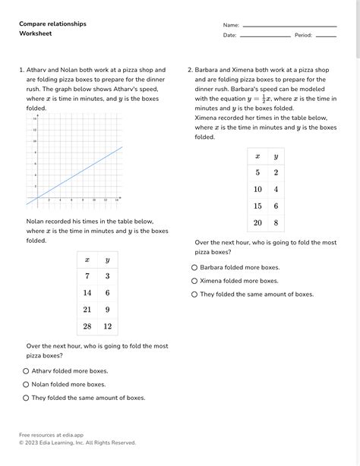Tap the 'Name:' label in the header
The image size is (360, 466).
point(231,25)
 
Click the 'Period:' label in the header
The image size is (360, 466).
point(303,36)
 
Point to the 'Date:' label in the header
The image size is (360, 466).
point(229,36)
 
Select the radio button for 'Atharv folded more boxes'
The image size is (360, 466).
point(26,371)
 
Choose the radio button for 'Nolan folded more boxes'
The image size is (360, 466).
point(26,384)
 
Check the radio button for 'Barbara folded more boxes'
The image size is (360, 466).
point(194,267)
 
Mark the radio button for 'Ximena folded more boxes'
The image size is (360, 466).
point(194,280)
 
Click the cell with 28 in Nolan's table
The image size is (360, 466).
point(87,326)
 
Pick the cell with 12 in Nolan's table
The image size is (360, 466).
point(107,326)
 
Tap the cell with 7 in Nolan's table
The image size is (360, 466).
point(87,276)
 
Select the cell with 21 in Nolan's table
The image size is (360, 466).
point(87,310)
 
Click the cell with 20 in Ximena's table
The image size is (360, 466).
point(257,222)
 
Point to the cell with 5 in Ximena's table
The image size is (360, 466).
point(257,172)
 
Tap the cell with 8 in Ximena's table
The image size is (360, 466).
point(276,222)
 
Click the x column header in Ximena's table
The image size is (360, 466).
point(257,156)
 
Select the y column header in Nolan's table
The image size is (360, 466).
point(107,260)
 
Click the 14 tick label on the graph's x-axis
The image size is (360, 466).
point(116,200)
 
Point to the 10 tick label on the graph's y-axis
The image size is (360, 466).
point(34,141)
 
